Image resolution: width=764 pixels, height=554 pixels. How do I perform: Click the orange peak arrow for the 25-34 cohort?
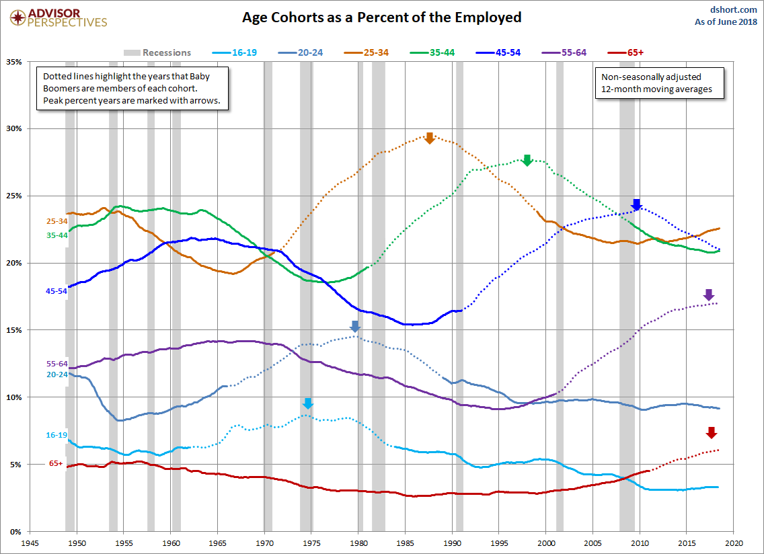click(x=430, y=138)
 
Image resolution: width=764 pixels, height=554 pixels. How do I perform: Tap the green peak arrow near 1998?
click(x=527, y=160)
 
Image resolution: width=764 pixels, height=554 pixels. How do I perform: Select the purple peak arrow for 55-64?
click(x=708, y=295)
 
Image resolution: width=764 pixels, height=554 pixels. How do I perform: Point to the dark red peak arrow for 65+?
click(x=712, y=433)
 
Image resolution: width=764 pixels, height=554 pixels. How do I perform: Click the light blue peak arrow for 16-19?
click(x=307, y=403)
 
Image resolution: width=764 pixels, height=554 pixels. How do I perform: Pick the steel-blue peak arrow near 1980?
click(x=355, y=327)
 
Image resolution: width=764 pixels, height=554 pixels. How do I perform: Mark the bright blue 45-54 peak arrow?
click(x=636, y=205)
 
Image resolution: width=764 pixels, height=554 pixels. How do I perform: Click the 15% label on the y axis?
click(x=13, y=330)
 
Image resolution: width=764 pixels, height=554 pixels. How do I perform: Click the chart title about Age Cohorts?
click(x=381, y=17)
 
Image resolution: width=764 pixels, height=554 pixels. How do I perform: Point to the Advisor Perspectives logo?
click(x=56, y=18)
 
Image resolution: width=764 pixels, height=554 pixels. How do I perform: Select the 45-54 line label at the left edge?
click(x=56, y=290)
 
